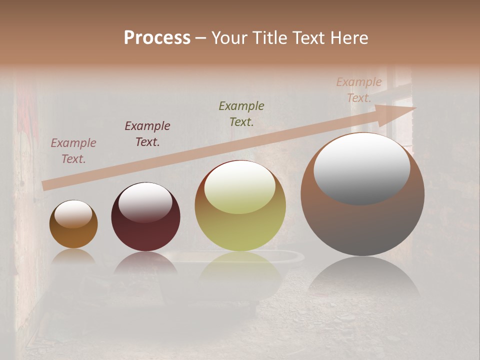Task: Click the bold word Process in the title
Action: [x=157, y=38]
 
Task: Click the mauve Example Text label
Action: [x=73, y=151]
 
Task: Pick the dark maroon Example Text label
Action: [x=147, y=134]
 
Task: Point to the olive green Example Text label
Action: [x=241, y=114]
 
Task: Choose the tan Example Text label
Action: [x=359, y=90]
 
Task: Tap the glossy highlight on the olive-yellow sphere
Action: [x=240, y=187]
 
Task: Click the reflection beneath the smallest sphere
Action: [x=73, y=256]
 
